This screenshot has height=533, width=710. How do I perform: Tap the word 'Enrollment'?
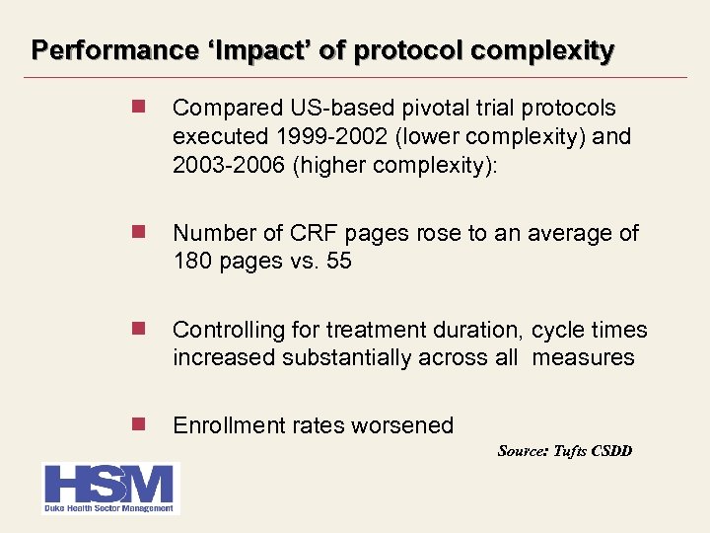[x=229, y=425]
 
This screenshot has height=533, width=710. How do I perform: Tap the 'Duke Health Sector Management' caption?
[x=108, y=508]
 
